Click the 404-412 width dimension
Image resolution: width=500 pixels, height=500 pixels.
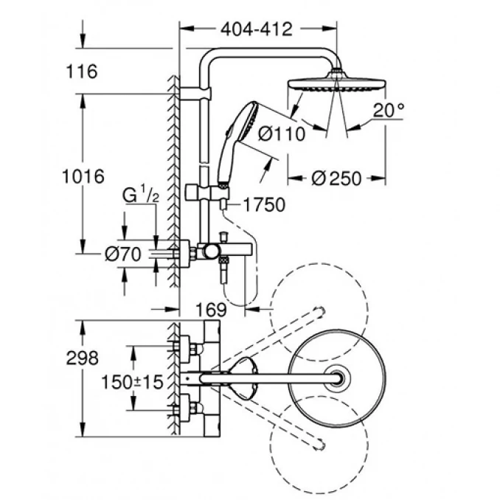click(x=256, y=29)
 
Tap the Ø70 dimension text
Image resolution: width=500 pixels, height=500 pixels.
click(x=122, y=254)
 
